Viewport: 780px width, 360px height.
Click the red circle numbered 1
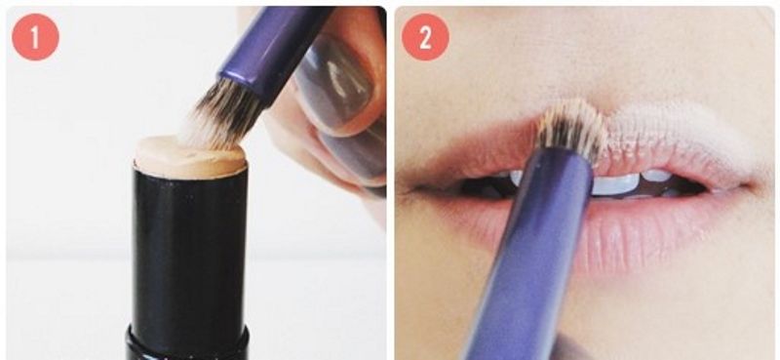[x=35, y=37]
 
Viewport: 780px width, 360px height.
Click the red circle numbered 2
[x=425, y=37]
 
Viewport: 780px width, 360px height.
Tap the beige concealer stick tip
[x=190, y=156]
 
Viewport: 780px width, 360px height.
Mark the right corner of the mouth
[x=746, y=187]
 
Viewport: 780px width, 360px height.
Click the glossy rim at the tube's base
[x=187, y=343]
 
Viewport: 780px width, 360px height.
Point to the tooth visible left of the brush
[x=515, y=178]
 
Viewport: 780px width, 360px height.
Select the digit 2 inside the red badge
[x=425, y=37]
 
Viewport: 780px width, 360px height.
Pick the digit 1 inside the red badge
[x=35, y=37]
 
